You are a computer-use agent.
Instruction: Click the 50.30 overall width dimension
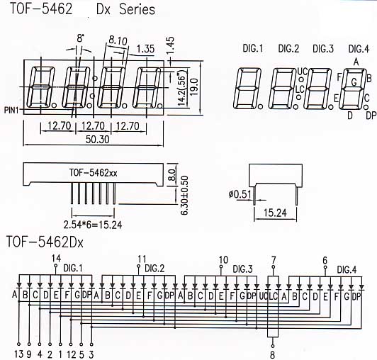[97, 140]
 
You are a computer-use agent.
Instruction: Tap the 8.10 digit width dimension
[118, 40]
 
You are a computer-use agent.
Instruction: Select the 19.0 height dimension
[194, 87]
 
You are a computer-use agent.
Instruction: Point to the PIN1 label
[11, 110]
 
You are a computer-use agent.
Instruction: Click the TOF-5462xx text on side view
[94, 173]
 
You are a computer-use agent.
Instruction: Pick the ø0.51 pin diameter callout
[240, 194]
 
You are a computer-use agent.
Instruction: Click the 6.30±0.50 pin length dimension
[184, 196]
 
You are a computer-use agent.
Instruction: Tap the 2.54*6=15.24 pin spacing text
[93, 225]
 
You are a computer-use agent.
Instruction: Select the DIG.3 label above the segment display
[323, 49]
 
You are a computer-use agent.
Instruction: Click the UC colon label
[303, 72]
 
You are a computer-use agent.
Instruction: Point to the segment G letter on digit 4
[354, 82]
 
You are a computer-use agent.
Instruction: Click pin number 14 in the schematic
[56, 259]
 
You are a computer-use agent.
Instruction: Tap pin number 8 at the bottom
[272, 355]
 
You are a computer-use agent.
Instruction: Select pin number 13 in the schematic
[18, 354]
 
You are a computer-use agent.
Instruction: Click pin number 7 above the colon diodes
[274, 260]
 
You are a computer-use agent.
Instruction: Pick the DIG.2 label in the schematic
[154, 269]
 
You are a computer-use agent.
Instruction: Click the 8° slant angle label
[81, 38]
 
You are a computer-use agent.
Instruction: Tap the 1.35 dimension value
[145, 49]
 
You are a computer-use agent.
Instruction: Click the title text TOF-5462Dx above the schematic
[45, 242]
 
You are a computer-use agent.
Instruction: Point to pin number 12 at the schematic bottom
[72, 354]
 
